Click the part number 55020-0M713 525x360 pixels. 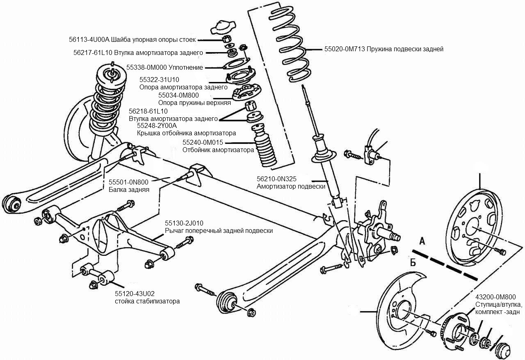point(344,49)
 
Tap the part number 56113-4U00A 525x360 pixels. point(89,39)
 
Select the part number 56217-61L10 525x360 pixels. point(93,53)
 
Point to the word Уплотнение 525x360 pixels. point(186,68)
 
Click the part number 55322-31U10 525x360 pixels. point(159,80)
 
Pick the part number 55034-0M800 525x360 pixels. point(178,95)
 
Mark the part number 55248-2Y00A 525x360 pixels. point(157,125)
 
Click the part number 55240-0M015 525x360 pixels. point(203,143)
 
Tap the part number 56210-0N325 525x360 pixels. point(276,179)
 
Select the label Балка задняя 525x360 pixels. point(129,189)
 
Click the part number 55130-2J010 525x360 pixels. point(184,223)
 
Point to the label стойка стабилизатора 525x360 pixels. point(147,301)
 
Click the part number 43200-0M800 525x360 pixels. point(495,297)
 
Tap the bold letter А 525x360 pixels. point(422,241)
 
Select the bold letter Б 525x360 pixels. point(413,262)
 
